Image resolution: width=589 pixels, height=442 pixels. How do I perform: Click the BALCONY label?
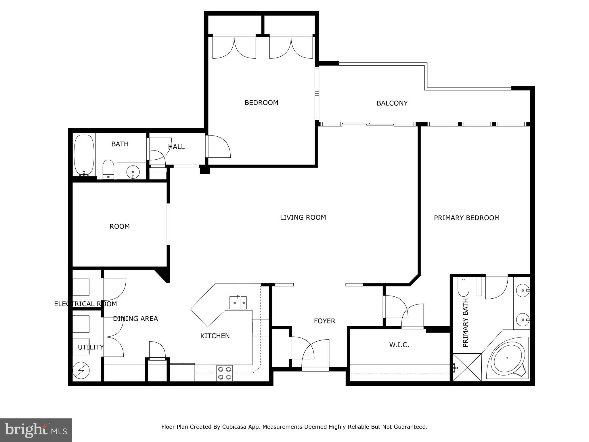click(392, 103)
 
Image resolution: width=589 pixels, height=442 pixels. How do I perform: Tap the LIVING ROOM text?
click(303, 218)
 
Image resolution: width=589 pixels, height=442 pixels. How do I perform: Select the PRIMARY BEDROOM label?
click(466, 218)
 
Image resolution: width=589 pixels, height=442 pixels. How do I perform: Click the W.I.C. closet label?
click(399, 345)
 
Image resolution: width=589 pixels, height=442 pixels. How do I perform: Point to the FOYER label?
click(324, 321)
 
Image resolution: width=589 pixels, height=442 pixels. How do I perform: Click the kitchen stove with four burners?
click(225, 373)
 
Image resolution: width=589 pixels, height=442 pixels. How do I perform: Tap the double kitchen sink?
click(238, 303)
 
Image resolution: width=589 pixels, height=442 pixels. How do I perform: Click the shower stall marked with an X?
click(467, 367)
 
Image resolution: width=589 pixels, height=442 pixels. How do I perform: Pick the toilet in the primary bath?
click(463, 287)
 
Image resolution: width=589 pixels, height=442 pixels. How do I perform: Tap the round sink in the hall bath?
click(133, 172)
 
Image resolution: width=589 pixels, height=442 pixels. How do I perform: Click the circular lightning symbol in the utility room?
click(81, 370)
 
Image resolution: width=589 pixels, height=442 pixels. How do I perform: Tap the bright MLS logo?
click(36, 430)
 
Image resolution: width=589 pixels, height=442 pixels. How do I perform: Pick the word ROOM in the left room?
click(120, 226)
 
